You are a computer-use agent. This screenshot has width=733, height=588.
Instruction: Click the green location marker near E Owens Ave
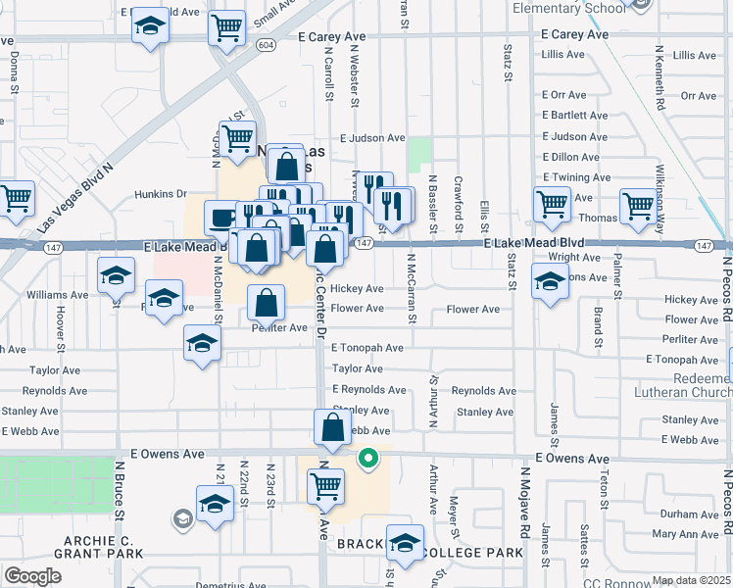click(368, 458)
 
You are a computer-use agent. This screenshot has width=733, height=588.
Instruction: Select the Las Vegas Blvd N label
click(76, 198)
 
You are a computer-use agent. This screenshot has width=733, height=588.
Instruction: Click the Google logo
click(32, 575)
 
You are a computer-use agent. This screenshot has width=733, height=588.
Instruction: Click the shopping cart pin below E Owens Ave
click(323, 485)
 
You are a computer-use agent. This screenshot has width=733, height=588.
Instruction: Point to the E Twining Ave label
click(576, 177)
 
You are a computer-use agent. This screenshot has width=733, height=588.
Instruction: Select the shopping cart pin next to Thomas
click(639, 207)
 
